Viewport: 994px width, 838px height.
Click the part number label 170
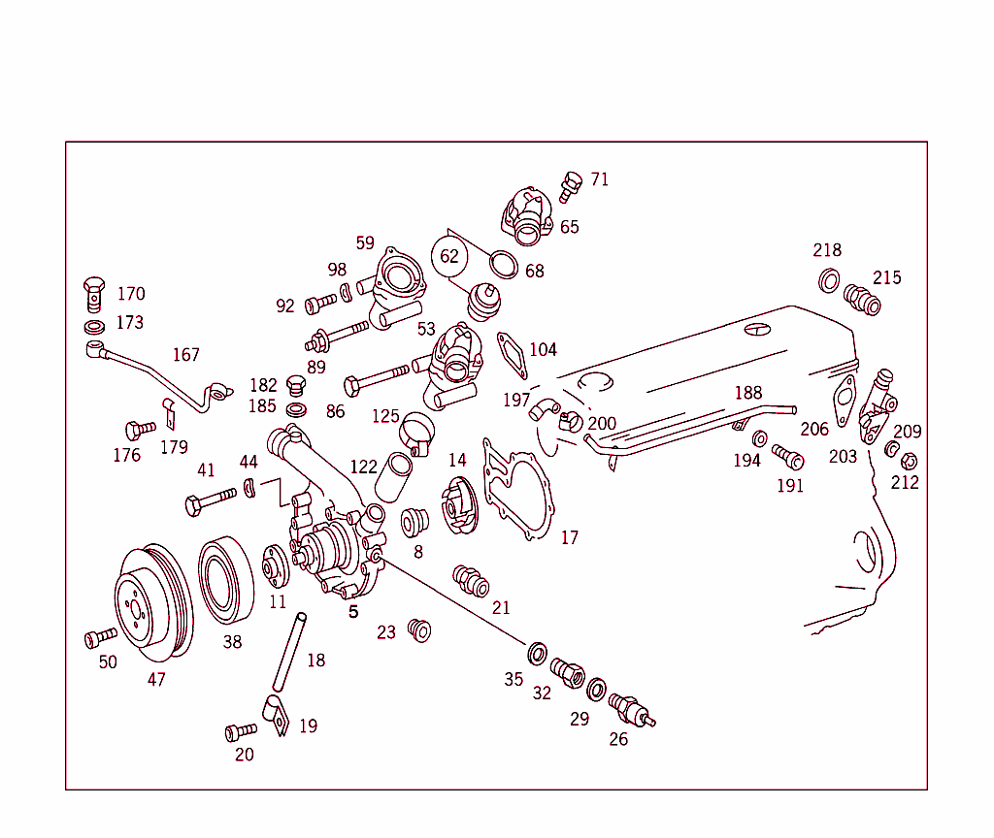131,294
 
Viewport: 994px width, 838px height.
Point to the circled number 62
448,257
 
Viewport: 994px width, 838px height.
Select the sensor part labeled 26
631,712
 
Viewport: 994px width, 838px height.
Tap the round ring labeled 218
830,281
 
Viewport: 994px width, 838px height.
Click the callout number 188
748,393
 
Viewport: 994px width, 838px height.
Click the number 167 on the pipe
186,355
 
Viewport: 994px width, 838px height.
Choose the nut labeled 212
909,462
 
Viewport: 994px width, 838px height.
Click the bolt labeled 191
787,456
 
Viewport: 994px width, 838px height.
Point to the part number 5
353,612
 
